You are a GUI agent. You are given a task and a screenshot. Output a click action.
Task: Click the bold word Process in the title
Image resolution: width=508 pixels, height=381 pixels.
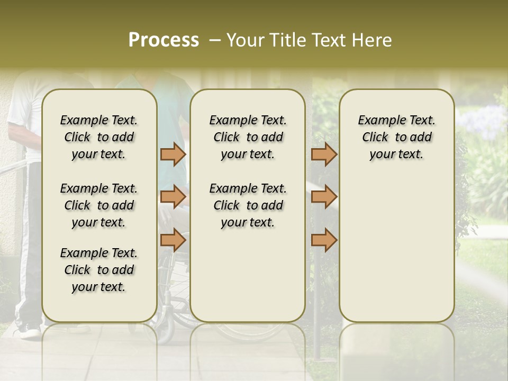[164, 40]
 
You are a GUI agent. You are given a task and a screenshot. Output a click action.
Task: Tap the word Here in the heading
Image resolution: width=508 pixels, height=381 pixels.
[373, 40]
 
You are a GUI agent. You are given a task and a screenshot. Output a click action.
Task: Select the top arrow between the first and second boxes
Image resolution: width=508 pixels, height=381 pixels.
[173, 154]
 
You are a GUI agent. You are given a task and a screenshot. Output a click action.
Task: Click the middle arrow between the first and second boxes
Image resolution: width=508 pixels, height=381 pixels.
[173, 197]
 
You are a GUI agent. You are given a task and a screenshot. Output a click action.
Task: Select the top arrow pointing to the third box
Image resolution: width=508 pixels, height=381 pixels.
[324, 154]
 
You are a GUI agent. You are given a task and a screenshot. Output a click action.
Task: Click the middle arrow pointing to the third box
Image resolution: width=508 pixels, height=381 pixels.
[324, 197]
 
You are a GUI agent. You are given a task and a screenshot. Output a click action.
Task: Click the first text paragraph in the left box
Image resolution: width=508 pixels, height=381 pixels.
[99, 137]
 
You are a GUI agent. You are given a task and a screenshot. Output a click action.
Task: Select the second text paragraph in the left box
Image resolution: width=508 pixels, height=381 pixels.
[99, 205]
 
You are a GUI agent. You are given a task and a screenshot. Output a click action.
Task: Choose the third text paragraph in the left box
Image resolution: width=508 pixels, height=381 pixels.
[99, 270]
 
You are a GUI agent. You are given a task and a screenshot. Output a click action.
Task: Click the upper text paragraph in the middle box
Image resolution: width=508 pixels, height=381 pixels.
[248, 137]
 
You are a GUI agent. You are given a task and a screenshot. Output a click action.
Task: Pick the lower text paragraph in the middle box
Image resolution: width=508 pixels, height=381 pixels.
[248, 205]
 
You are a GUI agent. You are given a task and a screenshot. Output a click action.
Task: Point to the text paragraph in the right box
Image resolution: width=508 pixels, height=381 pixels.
[396, 137]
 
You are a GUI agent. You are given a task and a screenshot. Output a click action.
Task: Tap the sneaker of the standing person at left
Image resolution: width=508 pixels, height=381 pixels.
[28, 332]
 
